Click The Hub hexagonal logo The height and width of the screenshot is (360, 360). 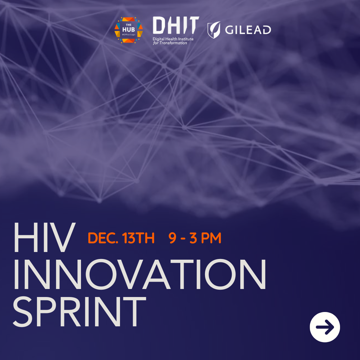click(129, 30)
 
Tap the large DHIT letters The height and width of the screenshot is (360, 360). click(176, 25)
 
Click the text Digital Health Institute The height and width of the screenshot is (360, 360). click(173, 39)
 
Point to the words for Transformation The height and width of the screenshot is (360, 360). click(170, 43)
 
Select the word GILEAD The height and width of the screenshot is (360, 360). click(248, 30)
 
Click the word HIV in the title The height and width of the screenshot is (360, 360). click(44, 237)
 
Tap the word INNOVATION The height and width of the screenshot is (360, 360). click(140, 274)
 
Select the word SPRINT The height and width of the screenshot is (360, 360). click(79, 311)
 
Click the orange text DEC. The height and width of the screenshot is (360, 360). click(103, 238)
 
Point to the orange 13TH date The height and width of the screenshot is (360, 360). click(138, 238)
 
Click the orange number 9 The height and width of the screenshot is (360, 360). click(172, 238)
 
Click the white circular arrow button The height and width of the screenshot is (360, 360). click(325, 327)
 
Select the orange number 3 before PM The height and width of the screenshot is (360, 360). click(193, 238)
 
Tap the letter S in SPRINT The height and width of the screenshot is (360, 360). click(22, 312)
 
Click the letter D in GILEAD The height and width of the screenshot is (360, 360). click(267, 30)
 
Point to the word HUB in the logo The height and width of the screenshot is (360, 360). click(129, 30)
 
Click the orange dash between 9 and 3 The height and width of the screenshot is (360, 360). click(183, 239)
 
